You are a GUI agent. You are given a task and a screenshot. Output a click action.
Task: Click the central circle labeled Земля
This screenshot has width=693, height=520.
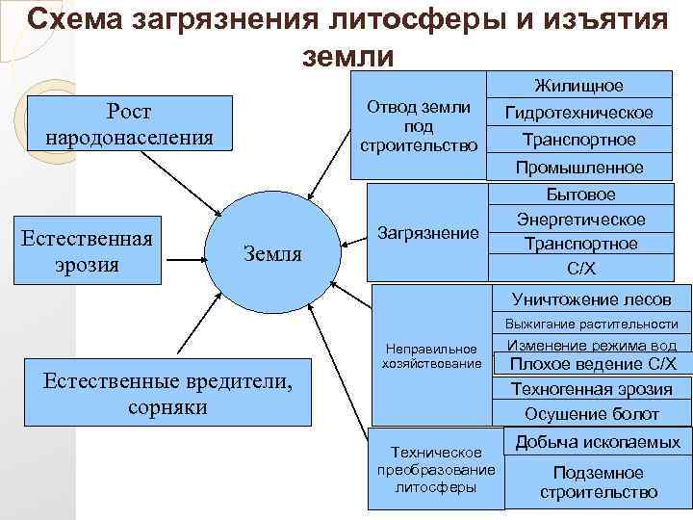tap(273, 252)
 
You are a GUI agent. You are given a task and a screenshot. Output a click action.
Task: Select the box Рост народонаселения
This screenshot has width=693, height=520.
tap(129, 123)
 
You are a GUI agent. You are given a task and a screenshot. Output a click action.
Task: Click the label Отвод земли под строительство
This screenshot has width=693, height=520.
tap(419, 126)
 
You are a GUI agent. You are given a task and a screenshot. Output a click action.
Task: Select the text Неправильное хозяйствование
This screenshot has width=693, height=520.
tap(430, 355)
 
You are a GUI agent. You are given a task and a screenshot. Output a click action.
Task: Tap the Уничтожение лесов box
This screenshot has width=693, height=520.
tap(591, 299)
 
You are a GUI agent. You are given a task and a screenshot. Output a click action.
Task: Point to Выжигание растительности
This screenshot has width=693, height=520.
tap(592, 325)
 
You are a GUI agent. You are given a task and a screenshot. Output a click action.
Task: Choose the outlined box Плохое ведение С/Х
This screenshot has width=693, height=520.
tap(592, 364)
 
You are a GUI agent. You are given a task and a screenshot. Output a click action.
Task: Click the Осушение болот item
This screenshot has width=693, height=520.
tap(591, 414)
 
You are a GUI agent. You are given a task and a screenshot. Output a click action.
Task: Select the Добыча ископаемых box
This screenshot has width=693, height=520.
tap(598, 442)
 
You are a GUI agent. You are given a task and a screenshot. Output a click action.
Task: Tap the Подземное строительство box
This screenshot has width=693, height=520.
tap(598, 481)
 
